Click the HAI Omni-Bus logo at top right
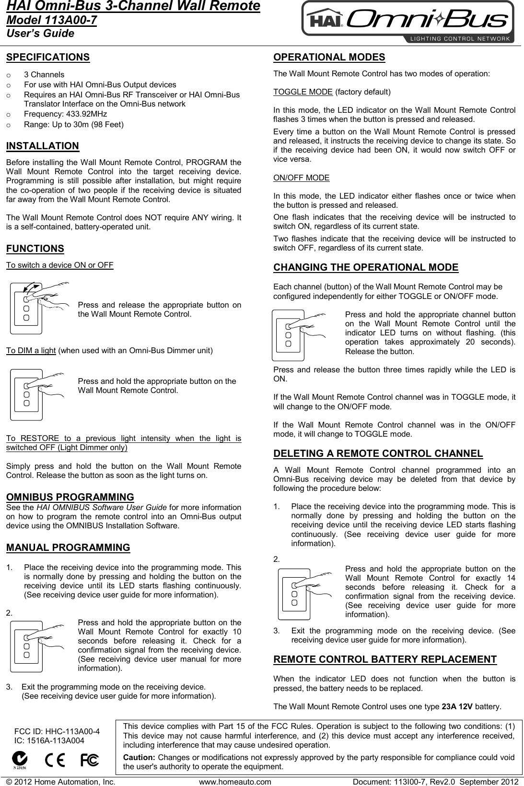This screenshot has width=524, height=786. point(408,22)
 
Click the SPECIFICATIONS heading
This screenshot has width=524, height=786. point(48,57)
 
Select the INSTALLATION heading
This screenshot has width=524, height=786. point(43,146)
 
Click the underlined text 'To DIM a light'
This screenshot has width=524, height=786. point(31,350)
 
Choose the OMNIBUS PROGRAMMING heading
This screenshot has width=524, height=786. point(70,497)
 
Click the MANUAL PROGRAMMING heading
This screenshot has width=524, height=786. point(68,548)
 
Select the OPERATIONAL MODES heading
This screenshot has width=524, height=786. point(329,57)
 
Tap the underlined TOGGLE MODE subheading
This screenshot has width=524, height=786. point(303,92)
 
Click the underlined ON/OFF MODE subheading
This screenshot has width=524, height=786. point(301,178)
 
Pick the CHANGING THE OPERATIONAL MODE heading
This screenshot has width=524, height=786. point(365,267)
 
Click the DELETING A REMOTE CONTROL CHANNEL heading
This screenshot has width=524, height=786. point(378,453)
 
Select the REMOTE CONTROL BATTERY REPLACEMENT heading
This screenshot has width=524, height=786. point(384,659)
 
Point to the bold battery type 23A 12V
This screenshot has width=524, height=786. point(457,707)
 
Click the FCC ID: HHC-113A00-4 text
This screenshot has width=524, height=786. point(57,731)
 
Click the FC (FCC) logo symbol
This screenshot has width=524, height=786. point(90,760)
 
